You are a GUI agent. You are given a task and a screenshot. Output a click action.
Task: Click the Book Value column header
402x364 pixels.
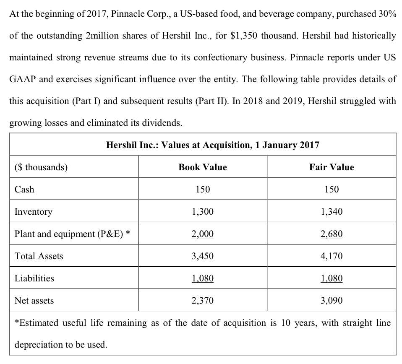tap(202, 167)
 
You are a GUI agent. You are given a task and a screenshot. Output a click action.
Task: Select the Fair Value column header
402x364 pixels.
tap(332, 167)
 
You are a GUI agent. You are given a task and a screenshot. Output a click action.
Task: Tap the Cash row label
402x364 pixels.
tap(24, 190)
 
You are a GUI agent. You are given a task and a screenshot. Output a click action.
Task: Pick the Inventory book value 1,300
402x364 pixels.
tap(202, 212)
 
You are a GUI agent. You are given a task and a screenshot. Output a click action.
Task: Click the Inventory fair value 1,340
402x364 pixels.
tap(332, 212)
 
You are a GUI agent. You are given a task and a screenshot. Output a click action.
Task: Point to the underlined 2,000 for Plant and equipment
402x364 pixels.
tap(202, 234)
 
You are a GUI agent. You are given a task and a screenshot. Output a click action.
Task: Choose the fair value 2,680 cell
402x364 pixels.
tap(332, 234)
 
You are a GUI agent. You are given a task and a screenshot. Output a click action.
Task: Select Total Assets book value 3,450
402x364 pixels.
tap(202, 256)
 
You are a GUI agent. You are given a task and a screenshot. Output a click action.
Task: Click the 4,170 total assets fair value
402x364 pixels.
tap(332, 256)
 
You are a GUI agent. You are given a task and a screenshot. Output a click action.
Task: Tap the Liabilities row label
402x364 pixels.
tap(34, 278)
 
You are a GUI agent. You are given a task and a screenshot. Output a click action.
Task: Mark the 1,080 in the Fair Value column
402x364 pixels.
tap(332, 278)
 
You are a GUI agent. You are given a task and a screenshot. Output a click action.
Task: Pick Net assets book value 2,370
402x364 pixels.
tap(202, 301)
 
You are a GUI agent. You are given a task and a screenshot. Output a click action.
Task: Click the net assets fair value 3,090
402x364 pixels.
tap(332, 301)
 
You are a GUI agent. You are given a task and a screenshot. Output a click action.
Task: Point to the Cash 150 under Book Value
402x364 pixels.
tap(202, 190)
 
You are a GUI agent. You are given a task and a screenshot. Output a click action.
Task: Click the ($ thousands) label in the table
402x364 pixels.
tap(41, 167)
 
